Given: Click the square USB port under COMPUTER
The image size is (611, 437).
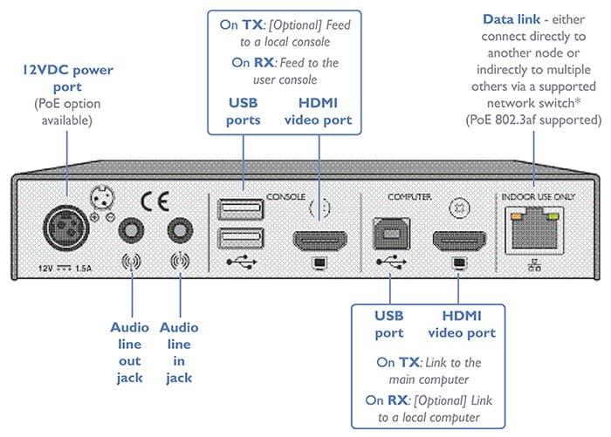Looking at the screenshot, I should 389,233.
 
